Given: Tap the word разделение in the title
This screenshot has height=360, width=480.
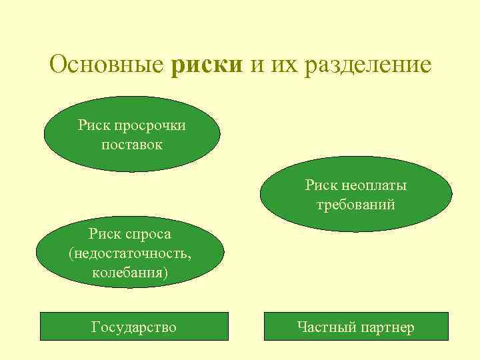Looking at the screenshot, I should point(366,67).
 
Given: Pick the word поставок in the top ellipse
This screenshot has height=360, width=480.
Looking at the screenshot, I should point(132,143).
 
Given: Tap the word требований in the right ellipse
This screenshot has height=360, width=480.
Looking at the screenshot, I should point(355,204).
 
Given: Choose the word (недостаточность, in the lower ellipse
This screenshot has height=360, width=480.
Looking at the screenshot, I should point(130,253).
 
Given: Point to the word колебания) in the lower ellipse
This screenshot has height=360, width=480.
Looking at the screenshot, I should point(130,273).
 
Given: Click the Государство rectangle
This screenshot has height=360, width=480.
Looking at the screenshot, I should point(134,327).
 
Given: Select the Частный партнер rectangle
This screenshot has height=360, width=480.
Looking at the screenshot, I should point(357,327).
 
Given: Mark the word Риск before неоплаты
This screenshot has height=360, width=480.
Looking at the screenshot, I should point(322,185).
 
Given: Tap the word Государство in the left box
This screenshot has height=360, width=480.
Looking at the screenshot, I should point(134,327).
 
